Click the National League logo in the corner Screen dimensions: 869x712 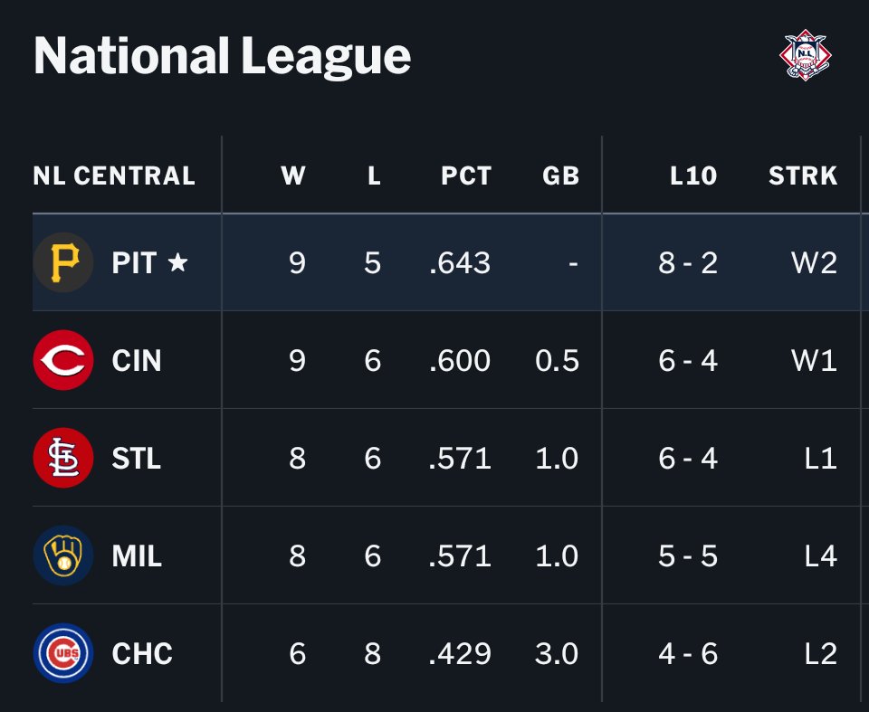pyautogui.click(x=806, y=55)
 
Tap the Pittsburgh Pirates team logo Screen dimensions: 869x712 pyautogui.click(x=63, y=262)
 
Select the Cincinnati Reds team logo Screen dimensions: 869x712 pyautogui.click(x=63, y=360)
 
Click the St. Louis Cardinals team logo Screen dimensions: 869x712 pyautogui.click(x=63, y=458)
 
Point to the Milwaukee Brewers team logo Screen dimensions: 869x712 pyautogui.click(x=63, y=555)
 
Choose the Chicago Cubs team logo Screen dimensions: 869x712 pyautogui.click(x=63, y=653)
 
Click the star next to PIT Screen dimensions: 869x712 pyautogui.click(x=177, y=261)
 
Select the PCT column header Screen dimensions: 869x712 pyautogui.click(x=466, y=176)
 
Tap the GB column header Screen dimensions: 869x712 pyautogui.click(x=561, y=176)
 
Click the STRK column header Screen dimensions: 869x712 pyautogui.click(x=803, y=176)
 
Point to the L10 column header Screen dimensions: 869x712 pyautogui.click(x=693, y=176)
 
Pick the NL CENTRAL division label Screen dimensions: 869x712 pyautogui.click(x=114, y=176)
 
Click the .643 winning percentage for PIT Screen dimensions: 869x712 pyautogui.click(x=460, y=262)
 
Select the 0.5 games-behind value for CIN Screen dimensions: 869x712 pyautogui.click(x=557, y=361)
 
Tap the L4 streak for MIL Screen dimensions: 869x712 pyautogui.click(x=821, y=555)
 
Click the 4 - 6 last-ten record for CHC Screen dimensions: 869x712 pyautogui.click(x=688, y=654)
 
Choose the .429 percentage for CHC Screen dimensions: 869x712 pyautogui.click(x=460, y=654)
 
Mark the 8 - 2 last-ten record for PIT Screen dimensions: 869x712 pyautogui.click(x=688, y=262)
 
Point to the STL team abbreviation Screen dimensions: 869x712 pyautogui.click(x=137, y=458)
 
